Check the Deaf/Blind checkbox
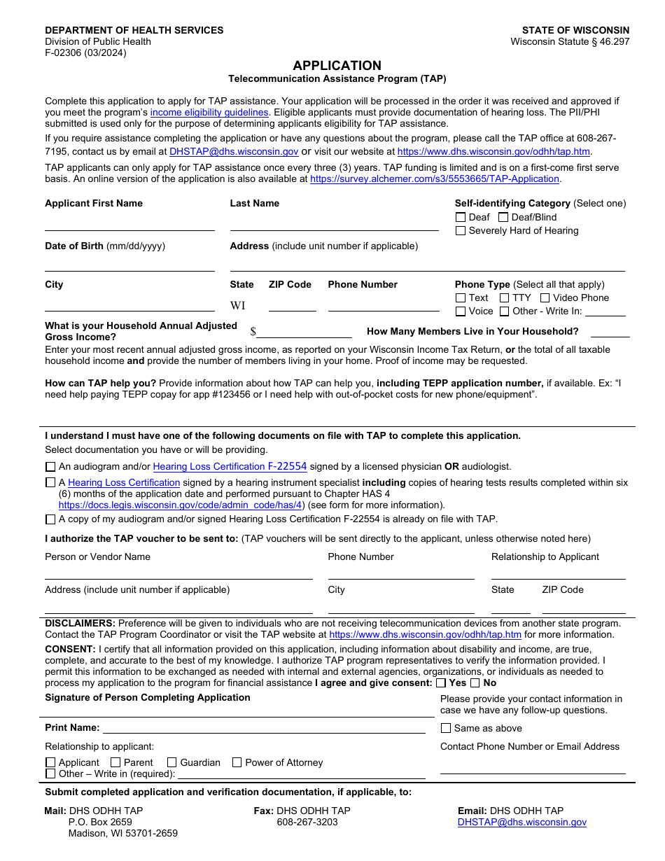pyautogui.click(x=503, y=217)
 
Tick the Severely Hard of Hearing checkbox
pyautogui.click(x=461, y=230)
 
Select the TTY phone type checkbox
pyautogui.click(x=504, y=297)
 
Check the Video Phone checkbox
pyautogui.click(x=545, y=297)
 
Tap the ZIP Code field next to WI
pyautogui.click(x=292, y=305)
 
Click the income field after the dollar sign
pyautogui.click(x=304, y=332)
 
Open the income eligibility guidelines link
pyautogui.click(x=209, y=113)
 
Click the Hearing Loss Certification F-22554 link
pyautogui.click(x=230, y=466)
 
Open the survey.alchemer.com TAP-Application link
pyautogui.click(x=434, y=179)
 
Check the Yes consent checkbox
pyautogui.click(x=440, y=682)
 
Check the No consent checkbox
pyautogui.click(x=475, y=682)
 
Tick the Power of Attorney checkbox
pyautogui.click(x=237, y=762)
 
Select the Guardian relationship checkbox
pyautogui.click(x=171, y=762)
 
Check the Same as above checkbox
pyautogui.click(x=446, y=728)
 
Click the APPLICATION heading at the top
pyautogui.click(x=337, y=65)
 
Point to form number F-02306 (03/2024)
pyautogui.click(x=85, y=52)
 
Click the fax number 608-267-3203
pyautogui.click(x=307, y=822)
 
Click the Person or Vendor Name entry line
pyautogui.click(x=178, y=573)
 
